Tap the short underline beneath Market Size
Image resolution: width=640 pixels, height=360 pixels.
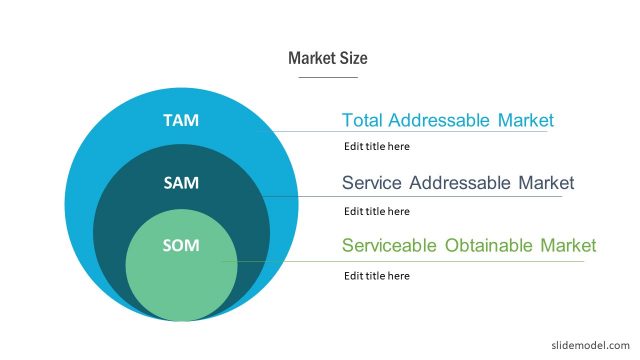pos(328,77)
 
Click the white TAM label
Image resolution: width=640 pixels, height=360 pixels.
pos(181,120)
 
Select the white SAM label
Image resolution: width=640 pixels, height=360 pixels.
pos(181,183)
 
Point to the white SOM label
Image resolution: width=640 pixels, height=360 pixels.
pos(181,245)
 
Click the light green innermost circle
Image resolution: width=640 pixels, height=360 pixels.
pos(181,280)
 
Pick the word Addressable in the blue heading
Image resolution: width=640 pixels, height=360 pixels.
pos(437,120)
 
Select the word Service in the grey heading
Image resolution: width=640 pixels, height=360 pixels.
pos(371,183)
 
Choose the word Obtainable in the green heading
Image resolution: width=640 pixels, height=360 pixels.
pos(487,245)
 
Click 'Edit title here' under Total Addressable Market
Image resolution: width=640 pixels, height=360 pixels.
pos(377,146)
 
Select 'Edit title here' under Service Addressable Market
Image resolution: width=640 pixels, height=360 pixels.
pos(377,211)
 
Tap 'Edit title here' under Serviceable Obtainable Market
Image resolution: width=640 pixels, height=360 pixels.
pos(377,275)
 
